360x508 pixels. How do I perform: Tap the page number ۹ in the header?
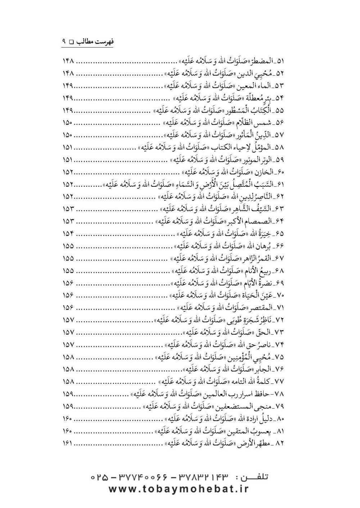click(64, 41)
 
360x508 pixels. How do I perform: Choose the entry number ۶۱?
click(280, 184)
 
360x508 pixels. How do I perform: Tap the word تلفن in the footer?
click(256, 478)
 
